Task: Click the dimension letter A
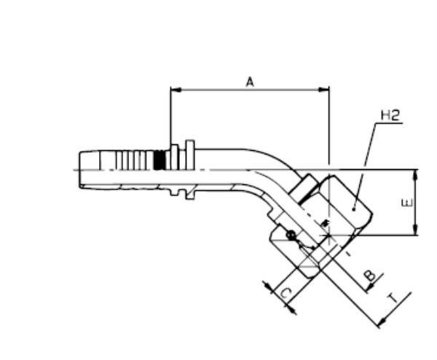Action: tap(249, 82)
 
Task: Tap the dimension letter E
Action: tap(406, 202)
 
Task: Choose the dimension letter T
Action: tap(394, 299)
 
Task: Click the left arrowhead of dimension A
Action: tap(173, 90)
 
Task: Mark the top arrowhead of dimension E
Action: tap(416, 173)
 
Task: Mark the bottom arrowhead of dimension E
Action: tap(416, 232)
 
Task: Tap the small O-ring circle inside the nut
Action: tap(291, 235)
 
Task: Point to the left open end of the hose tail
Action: tap(79, 169)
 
